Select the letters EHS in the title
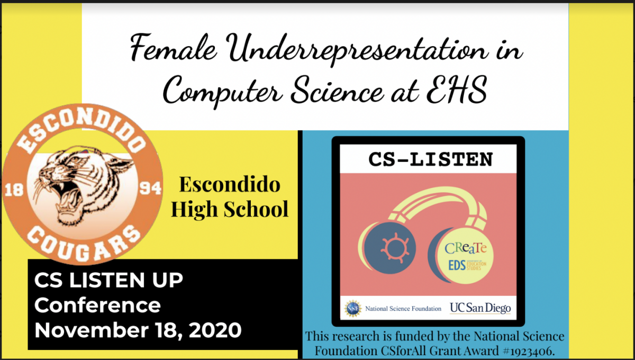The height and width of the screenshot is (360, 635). coord(457,90)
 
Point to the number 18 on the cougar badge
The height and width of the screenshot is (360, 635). coord(14,190)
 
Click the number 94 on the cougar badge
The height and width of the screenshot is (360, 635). coord(150,188)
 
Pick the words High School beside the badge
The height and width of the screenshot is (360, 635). coord(230,209)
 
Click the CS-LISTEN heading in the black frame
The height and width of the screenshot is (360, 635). coord(431,159)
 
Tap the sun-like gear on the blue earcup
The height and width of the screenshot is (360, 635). coord(395,248)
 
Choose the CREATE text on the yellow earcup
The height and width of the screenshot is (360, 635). coord(466,248)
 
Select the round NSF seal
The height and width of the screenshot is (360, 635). coord(353,308)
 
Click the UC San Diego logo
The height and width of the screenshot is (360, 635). coord(480,308)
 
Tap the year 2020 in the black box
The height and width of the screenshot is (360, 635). coord(215,330)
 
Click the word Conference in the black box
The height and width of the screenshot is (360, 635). coord(97,305)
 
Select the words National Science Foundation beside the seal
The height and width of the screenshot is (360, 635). coord(403,309)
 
